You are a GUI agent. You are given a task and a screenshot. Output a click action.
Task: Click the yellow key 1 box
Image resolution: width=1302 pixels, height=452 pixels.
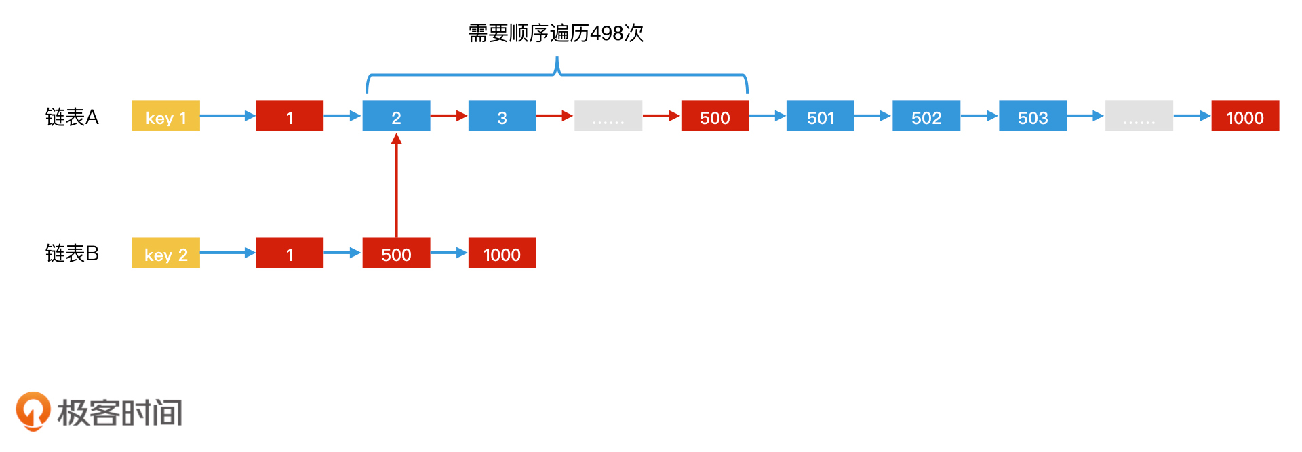coord(165,116)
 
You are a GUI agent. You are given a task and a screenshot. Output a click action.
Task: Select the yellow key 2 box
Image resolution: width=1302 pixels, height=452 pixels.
coord(165,253)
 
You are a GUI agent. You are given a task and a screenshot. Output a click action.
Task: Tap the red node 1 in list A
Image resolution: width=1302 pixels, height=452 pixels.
coord(290,116)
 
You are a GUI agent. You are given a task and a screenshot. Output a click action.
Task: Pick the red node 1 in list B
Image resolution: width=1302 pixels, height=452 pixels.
coord(290,253)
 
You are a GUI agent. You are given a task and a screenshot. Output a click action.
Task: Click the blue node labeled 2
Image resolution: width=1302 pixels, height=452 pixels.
coord(396,116)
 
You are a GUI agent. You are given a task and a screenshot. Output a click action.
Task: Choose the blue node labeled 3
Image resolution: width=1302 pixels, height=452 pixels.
coord(502,116)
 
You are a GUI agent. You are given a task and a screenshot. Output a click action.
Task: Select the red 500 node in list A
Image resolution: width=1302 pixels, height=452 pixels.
coord(715,116)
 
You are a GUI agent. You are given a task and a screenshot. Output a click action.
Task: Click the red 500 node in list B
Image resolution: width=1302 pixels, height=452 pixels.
coord(396,253)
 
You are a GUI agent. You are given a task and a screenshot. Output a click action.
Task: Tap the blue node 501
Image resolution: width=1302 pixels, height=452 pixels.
coord(820,116)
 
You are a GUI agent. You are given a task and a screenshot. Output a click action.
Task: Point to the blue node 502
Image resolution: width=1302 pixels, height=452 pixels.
coord(926,116)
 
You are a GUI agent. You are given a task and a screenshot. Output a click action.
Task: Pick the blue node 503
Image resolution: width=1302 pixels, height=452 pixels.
coord(1033,116)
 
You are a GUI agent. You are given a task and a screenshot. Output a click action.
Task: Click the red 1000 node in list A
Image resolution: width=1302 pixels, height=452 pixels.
coord(1245,116)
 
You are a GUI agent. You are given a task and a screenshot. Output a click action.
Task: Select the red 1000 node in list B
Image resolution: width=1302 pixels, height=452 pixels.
coord(502,253)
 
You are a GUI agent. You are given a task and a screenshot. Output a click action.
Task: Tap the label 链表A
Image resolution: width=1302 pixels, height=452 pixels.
coord(72,117)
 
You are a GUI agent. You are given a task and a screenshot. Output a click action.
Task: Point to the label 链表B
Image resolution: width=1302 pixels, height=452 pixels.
coord(72,253)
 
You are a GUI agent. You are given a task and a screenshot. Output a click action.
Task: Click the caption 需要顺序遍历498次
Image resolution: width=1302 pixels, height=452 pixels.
coord(556,33)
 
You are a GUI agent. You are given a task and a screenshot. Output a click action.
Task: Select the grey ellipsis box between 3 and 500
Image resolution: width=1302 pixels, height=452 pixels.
coord(608,116)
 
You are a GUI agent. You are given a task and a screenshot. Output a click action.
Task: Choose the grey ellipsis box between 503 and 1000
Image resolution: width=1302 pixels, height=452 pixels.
coord(1139,116)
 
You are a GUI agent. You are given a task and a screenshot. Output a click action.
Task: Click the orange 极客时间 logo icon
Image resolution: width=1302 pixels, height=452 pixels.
coord(33,411)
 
